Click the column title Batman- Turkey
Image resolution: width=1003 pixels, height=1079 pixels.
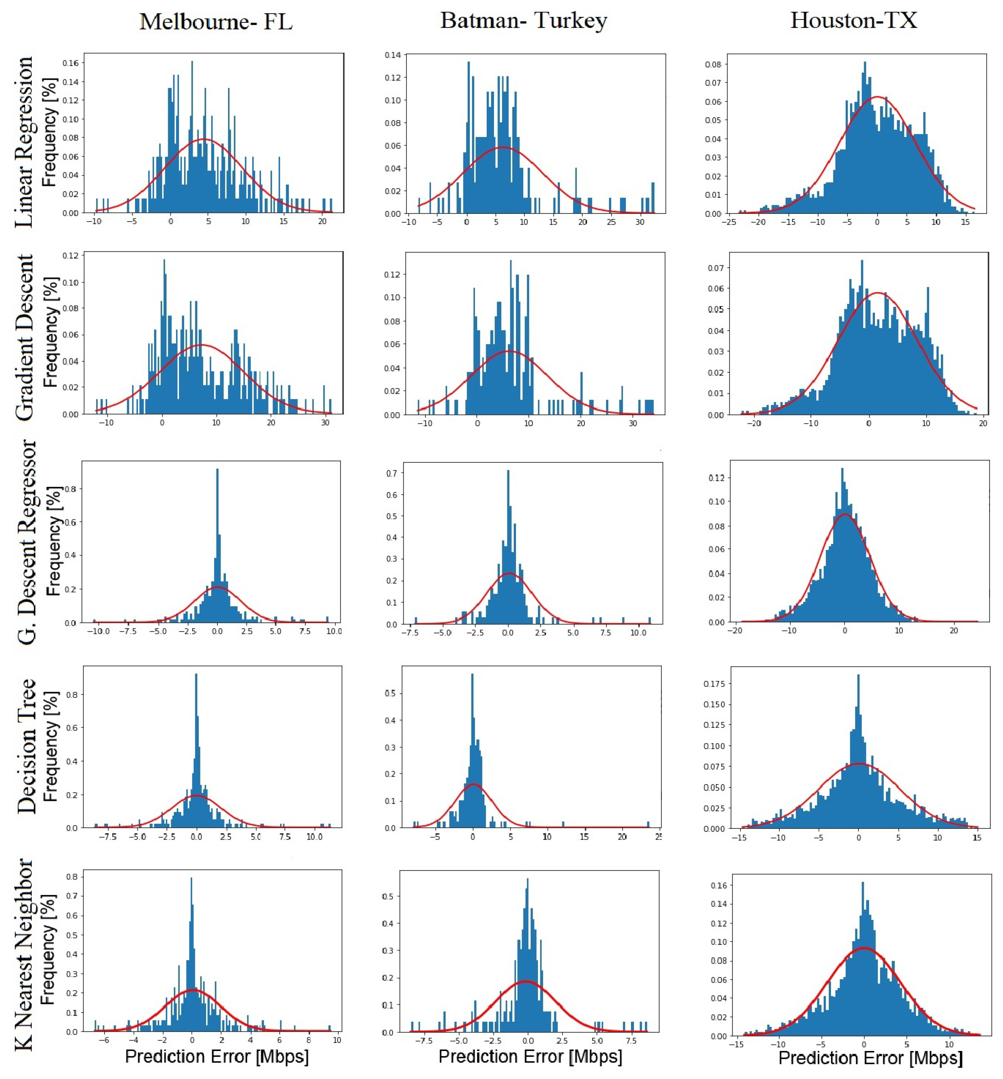pos(523,21)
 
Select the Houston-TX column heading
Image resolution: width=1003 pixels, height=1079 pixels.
pos(853,21)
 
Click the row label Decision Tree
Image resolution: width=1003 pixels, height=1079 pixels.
pos(26,746)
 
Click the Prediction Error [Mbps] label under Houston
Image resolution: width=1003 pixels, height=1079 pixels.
pos(870,1058)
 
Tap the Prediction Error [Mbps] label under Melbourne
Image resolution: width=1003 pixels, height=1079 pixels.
pos(217,1056)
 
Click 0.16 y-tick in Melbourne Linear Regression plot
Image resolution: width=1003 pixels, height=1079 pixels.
pos(71,63)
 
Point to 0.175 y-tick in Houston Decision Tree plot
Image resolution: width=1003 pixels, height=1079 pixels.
pos(714,684)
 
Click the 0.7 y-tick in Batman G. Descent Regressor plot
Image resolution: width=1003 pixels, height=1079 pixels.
pos(391,474)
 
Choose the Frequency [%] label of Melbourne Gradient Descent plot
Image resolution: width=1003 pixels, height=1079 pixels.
pos(50,332)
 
